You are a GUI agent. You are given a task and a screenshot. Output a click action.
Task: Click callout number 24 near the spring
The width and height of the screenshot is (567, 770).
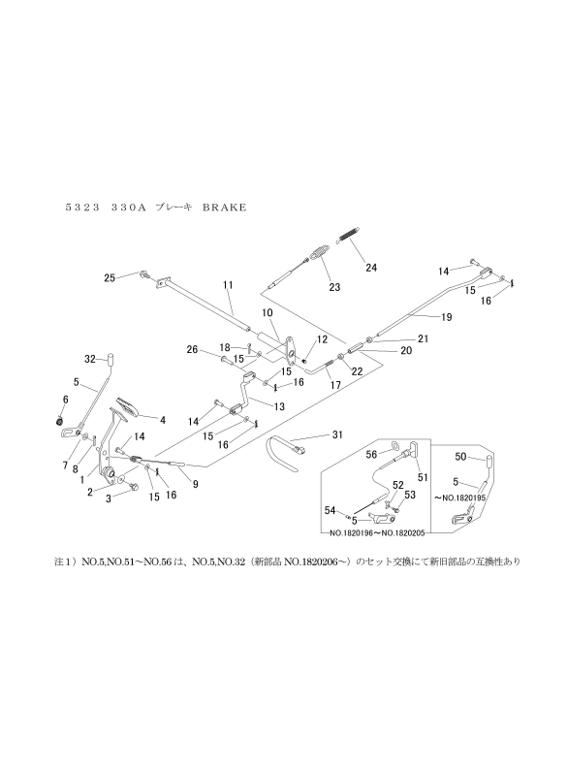pyautogui.click(x=371, y=268)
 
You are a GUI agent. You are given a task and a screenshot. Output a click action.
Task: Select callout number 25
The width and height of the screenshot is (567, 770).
pyautogui.click(x=110, y=278)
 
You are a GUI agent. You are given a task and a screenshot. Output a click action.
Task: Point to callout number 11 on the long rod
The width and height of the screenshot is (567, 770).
pyautogui.click(x=228, y=285)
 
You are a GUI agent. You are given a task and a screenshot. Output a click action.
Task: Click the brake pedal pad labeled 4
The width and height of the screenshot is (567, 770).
pyautogui.click(x=128, y=405)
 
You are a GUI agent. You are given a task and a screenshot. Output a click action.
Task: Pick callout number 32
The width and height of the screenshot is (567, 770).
pyautogui.click(x=90, y=359)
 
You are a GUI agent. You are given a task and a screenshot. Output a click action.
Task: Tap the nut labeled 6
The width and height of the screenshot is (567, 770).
pyautogui.click(x=59, y=420)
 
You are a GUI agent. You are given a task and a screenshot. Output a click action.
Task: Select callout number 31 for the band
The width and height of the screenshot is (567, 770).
pyautogui.click(x=337, y=434)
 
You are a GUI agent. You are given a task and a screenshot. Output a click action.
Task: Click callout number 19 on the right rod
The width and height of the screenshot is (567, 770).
pyautogui.click(x=446, y=317)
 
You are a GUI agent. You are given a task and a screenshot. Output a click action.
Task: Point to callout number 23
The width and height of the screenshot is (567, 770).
pyautogui.click(x=334, y=287)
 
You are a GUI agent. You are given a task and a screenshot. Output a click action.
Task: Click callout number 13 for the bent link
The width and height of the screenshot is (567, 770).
pyautogui.click(x=279, y=406)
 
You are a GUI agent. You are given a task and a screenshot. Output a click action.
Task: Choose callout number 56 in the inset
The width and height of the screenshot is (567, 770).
pyautogui.click(x=371, y=455)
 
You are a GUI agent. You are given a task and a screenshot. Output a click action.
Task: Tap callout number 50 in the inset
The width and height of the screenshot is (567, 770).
pyautogui.click(x=460, y=457)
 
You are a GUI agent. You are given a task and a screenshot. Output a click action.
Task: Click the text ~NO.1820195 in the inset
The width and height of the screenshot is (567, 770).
pyautogui.click(x=459, y=497)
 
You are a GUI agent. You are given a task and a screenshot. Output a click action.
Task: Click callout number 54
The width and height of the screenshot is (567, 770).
pyautogui.click(x=330, y=511)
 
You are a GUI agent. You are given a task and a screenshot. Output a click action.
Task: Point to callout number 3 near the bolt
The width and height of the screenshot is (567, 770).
pyautogui.click(x=109, y=497)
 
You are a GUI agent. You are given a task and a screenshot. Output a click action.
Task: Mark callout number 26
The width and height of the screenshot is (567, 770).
pyautogui.click(x=193, y=350)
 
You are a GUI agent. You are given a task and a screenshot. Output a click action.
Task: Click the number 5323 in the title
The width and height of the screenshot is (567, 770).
pyautogui.click(x=82, y=208)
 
